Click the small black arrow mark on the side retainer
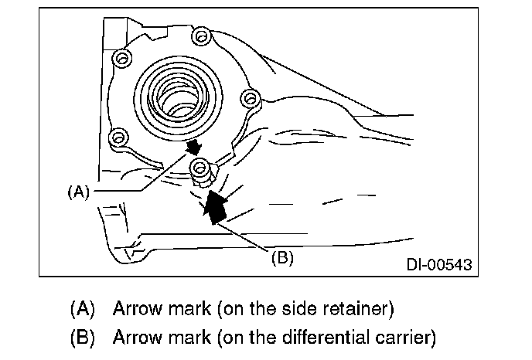[x=194, y=147]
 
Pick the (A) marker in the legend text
[x=82, y=309]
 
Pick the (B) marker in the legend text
[x=82, y=338]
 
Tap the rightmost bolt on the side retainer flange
[x=248, y=97]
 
